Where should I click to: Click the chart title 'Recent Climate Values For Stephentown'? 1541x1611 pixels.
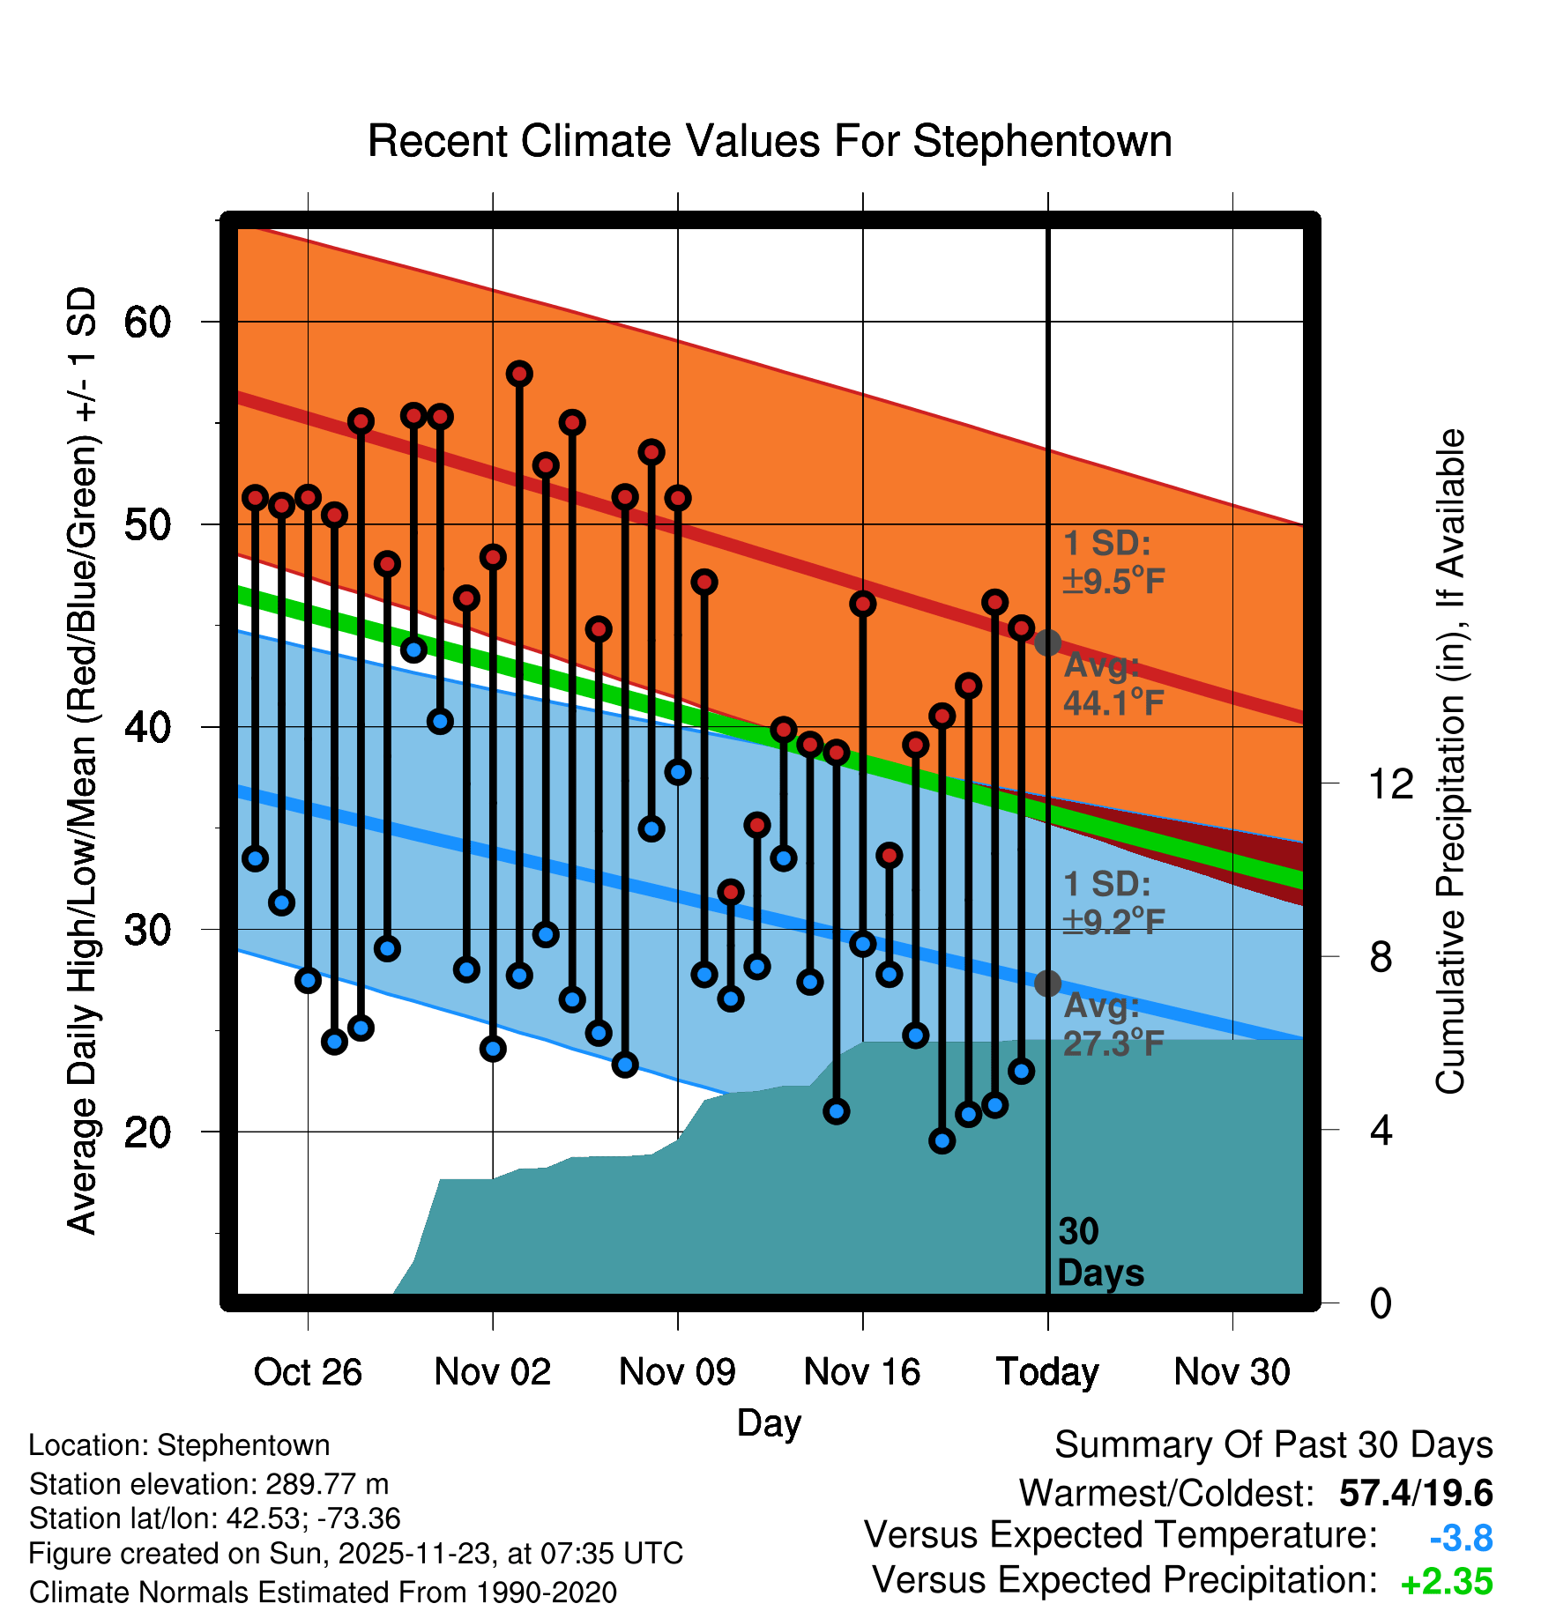click(770, 141)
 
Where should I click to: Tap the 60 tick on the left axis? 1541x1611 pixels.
click(147, 323)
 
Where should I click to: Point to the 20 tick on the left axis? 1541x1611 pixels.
click(147, 1132)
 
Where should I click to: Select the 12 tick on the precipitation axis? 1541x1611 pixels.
click(1391, 783)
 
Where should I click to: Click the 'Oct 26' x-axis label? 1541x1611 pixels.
click(308, 1372)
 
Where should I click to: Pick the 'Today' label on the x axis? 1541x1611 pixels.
click(1047, 1372)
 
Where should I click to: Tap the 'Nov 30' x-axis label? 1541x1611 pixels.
click(1232, 1372)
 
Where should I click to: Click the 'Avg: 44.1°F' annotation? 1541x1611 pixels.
click(1113, 685)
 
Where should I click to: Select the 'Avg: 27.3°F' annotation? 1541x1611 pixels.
click(1113, 1025)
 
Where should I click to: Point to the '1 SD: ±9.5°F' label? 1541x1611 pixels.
click(1113, 562)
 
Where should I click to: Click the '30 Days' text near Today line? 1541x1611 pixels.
click(1099, 1252)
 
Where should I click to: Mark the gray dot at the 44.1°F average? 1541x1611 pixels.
click(1047, 642)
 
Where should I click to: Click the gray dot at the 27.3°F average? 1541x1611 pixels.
click(1047, 983)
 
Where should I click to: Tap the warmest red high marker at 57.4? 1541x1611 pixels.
click(519, 374)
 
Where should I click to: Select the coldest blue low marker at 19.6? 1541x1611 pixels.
click(942, 1141)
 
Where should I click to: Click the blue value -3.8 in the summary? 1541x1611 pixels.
click(1461, 1539)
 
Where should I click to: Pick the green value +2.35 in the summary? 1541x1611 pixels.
click(1447, 1582)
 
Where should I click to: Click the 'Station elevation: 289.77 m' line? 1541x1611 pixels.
click(209, 1484)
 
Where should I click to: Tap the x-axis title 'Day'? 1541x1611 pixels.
click(769, 1422)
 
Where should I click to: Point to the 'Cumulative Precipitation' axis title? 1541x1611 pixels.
click(1450, 762)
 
